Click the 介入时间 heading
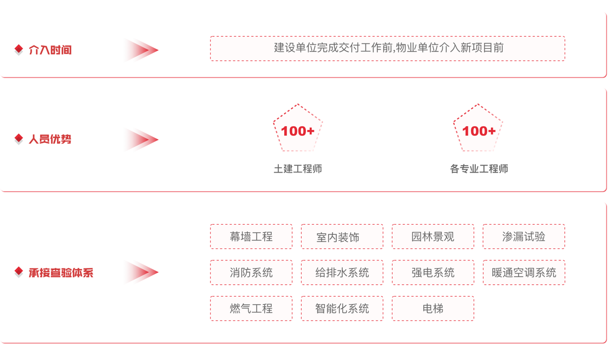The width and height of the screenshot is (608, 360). pyautogui.click(x=50, y=50)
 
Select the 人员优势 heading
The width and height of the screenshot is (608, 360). pyautogui.click(x=50, y=139)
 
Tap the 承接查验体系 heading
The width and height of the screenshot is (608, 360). pyautogui.click(x=61, y=272)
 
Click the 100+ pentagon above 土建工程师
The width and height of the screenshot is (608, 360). pyautogui.click(x=298, y=130)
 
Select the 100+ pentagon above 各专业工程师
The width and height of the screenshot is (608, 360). pyautogui.click(x=479, y=130)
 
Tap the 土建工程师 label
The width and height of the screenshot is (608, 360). pyautogui.click(x=298, y=169)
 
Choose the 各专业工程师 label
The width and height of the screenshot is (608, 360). pyautogui.click(x=479, y=169)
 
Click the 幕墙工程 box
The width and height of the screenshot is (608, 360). pyautogui.click(x=251, y=237)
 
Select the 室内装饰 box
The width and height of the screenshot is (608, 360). pyautogui.click(x=342, y=237)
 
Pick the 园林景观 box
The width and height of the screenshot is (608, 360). pyautogui.click(x=433, y=237)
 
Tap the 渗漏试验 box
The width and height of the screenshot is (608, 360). pyautogui.click(x=524, y=237)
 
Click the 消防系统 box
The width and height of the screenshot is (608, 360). pyautogui.click(x=251, y=272)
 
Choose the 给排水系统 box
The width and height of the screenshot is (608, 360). pyautogui.click(x=342, y=272)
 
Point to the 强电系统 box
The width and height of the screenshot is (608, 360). pyautogui.click(x=433, y=272)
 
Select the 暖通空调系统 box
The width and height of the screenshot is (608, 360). pyautogui.click(x=524, y=272)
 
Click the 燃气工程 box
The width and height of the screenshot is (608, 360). pyautogui.click(x=251, y=309)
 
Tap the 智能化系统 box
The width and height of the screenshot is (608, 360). pyautogui.click(x=342, y=309)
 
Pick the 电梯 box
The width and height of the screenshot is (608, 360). pyautogui.click(x=433, y=309)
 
